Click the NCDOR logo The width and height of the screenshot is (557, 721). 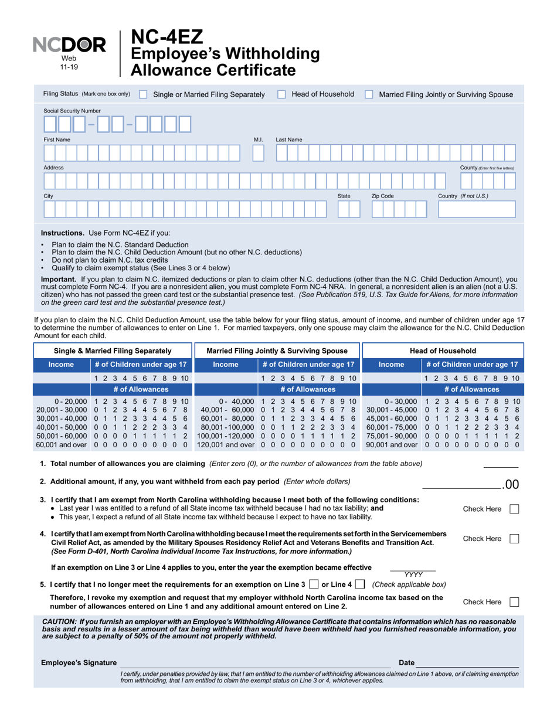click(69, 45)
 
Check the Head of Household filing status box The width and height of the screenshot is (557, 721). click(281, 94)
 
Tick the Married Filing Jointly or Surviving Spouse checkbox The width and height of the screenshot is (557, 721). click(369, 94)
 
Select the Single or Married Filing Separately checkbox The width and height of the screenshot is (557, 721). click(143, 94)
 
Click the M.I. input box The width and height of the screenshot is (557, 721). click(258, 154)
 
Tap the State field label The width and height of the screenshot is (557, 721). click(344, 196)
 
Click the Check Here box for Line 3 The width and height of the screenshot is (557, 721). click(514, 509)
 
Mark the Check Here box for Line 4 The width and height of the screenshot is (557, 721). click(514, 538)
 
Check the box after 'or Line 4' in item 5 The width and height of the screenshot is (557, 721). click(361, 584)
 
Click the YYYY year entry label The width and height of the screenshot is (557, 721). click(413, 575)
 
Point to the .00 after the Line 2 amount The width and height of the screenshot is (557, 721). click(511, 485)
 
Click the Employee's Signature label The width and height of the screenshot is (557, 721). click(79, 663)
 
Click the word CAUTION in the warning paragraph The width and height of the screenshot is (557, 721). click(59, 621)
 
